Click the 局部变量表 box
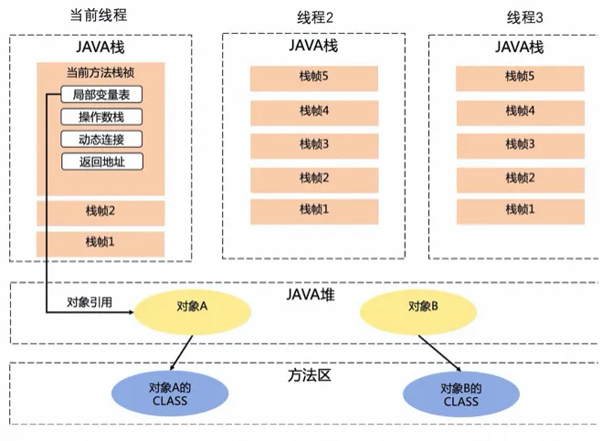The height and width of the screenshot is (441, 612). pyautogui.click(x=100, y=94)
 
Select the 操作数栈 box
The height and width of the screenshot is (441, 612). pyautogui.click(x=100, y=117)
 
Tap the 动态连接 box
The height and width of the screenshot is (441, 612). pyautogui.click(x=100, y=140)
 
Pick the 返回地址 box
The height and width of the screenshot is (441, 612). pyautogui.click(x=100, y=163)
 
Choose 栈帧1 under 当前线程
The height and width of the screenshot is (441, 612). pyautogui.click(x=100, y=243)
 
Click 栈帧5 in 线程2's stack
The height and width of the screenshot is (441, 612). pyautogui.click(x=313, y=77)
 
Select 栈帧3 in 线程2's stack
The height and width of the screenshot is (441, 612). pyautogui.click(x=313, y=144)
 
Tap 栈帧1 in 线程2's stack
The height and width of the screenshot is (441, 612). pyautogui.click(x=313, y=210)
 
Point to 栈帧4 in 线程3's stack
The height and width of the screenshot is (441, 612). pyautogui.click(x=520, y=110)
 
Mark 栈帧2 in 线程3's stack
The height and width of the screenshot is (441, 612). pyautogui.click(x=520, y=177)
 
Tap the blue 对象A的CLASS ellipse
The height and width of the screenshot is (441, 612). pyautogui.click(x=169, y=394)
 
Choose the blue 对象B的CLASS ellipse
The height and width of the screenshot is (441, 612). pyautogui.click(x=460, y=394)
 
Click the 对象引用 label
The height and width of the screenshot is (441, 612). pyautogui.click(x=89, y=302)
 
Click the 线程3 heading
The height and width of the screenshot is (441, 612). pyautogui.click(x=524, y=17)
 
